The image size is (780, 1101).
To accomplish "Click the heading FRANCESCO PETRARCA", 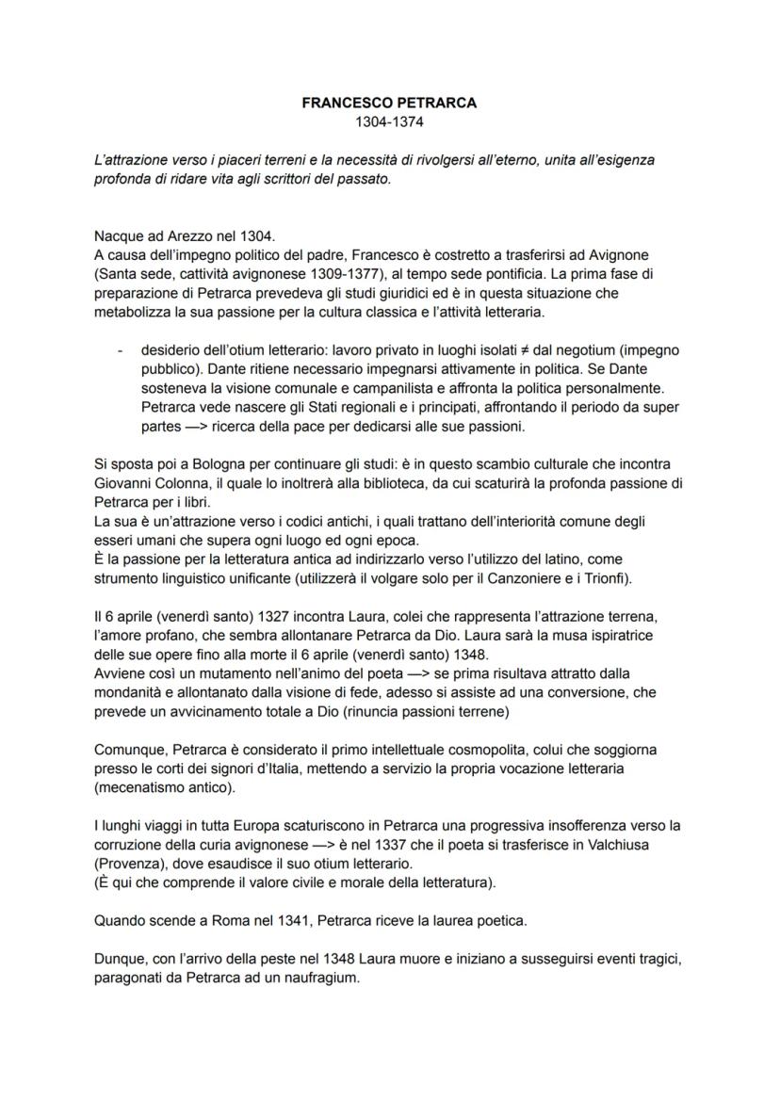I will click(389, 104).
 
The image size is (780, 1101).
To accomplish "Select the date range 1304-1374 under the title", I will click(389, 121).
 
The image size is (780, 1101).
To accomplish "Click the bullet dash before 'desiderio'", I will click(120, 349).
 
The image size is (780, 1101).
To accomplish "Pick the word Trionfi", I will click(595, 577).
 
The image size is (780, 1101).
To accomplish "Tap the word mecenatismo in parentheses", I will click(141, 787).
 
